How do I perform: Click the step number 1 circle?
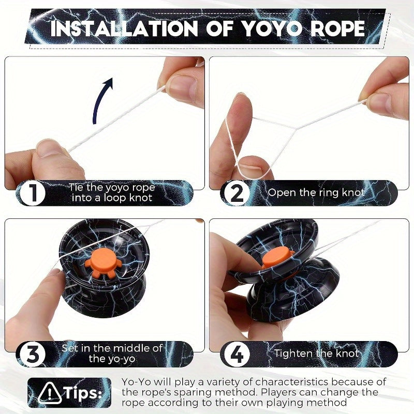pos(33,193)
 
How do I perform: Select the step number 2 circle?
pos(236,193)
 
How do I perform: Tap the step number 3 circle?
pos(33,354)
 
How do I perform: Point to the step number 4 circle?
pos(236,354)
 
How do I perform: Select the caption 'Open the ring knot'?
pos(316,193)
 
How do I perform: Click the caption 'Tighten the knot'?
pos(316,353)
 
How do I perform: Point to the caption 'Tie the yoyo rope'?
pos(112,187)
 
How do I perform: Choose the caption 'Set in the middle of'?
pos(112,348)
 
